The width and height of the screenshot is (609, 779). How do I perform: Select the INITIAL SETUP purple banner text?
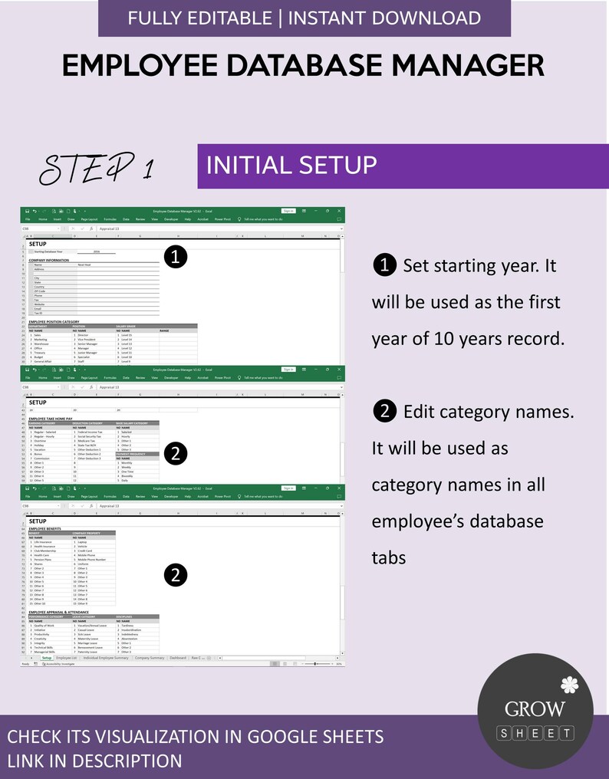tap(291, 165)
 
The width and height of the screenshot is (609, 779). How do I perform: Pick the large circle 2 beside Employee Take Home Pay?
tap(176, 454)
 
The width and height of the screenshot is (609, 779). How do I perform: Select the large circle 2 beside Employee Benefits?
tap(176, 574)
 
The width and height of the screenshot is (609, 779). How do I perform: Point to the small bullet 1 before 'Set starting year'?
tap(384, 266)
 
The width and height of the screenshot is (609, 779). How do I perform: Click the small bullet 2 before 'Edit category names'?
tap(384, 412)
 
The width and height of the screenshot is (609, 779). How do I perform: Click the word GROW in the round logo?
tap(535, 709)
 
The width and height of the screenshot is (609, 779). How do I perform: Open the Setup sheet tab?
tap(47, 658)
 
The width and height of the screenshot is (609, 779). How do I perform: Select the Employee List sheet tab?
tap(67, 658)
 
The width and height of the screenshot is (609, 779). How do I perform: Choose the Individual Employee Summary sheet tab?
tap(105, 658)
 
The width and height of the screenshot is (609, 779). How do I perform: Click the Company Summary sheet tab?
tap(150, 658)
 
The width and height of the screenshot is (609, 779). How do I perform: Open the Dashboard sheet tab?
tap(178, 658)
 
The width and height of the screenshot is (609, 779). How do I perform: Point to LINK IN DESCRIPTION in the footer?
tap(94, 761)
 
